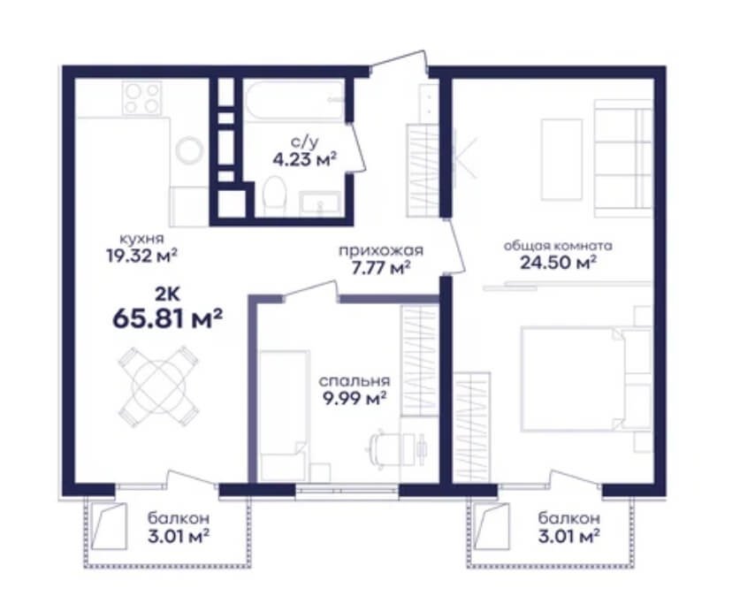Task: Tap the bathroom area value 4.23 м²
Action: [305, 160]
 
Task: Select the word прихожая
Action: [381, 251]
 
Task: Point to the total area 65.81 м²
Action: [168, 318]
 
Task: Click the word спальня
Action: [355, 381]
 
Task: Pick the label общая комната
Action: [558, 246]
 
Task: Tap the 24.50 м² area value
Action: [558, 263]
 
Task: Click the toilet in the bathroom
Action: [274, 195]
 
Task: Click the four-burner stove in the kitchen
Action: [142, 98]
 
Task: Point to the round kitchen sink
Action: [189, 150]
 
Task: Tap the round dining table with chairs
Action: [159, 386]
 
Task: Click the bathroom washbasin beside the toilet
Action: [320, 203]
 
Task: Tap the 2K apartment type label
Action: [167, 294]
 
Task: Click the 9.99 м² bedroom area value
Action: [355, 399]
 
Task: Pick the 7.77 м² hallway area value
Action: [381, 268]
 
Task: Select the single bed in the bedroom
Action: [284, 416]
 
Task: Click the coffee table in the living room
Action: [561, 159]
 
